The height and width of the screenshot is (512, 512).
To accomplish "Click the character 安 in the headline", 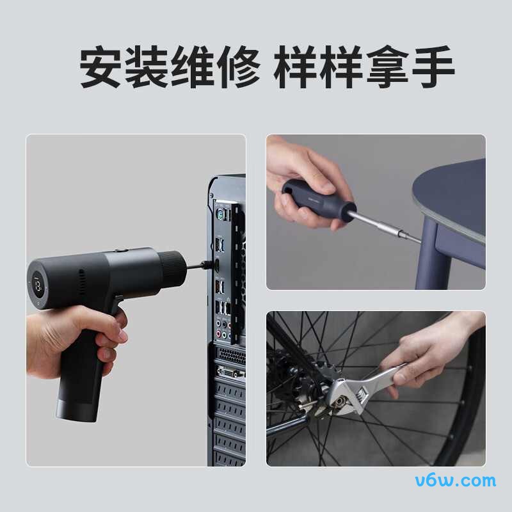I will [102, 67].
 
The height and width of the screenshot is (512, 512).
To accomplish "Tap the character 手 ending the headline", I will [433, 67].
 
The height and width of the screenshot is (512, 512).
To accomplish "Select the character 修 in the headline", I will [238, 67].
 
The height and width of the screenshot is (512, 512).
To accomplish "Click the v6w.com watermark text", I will [456, 481].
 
